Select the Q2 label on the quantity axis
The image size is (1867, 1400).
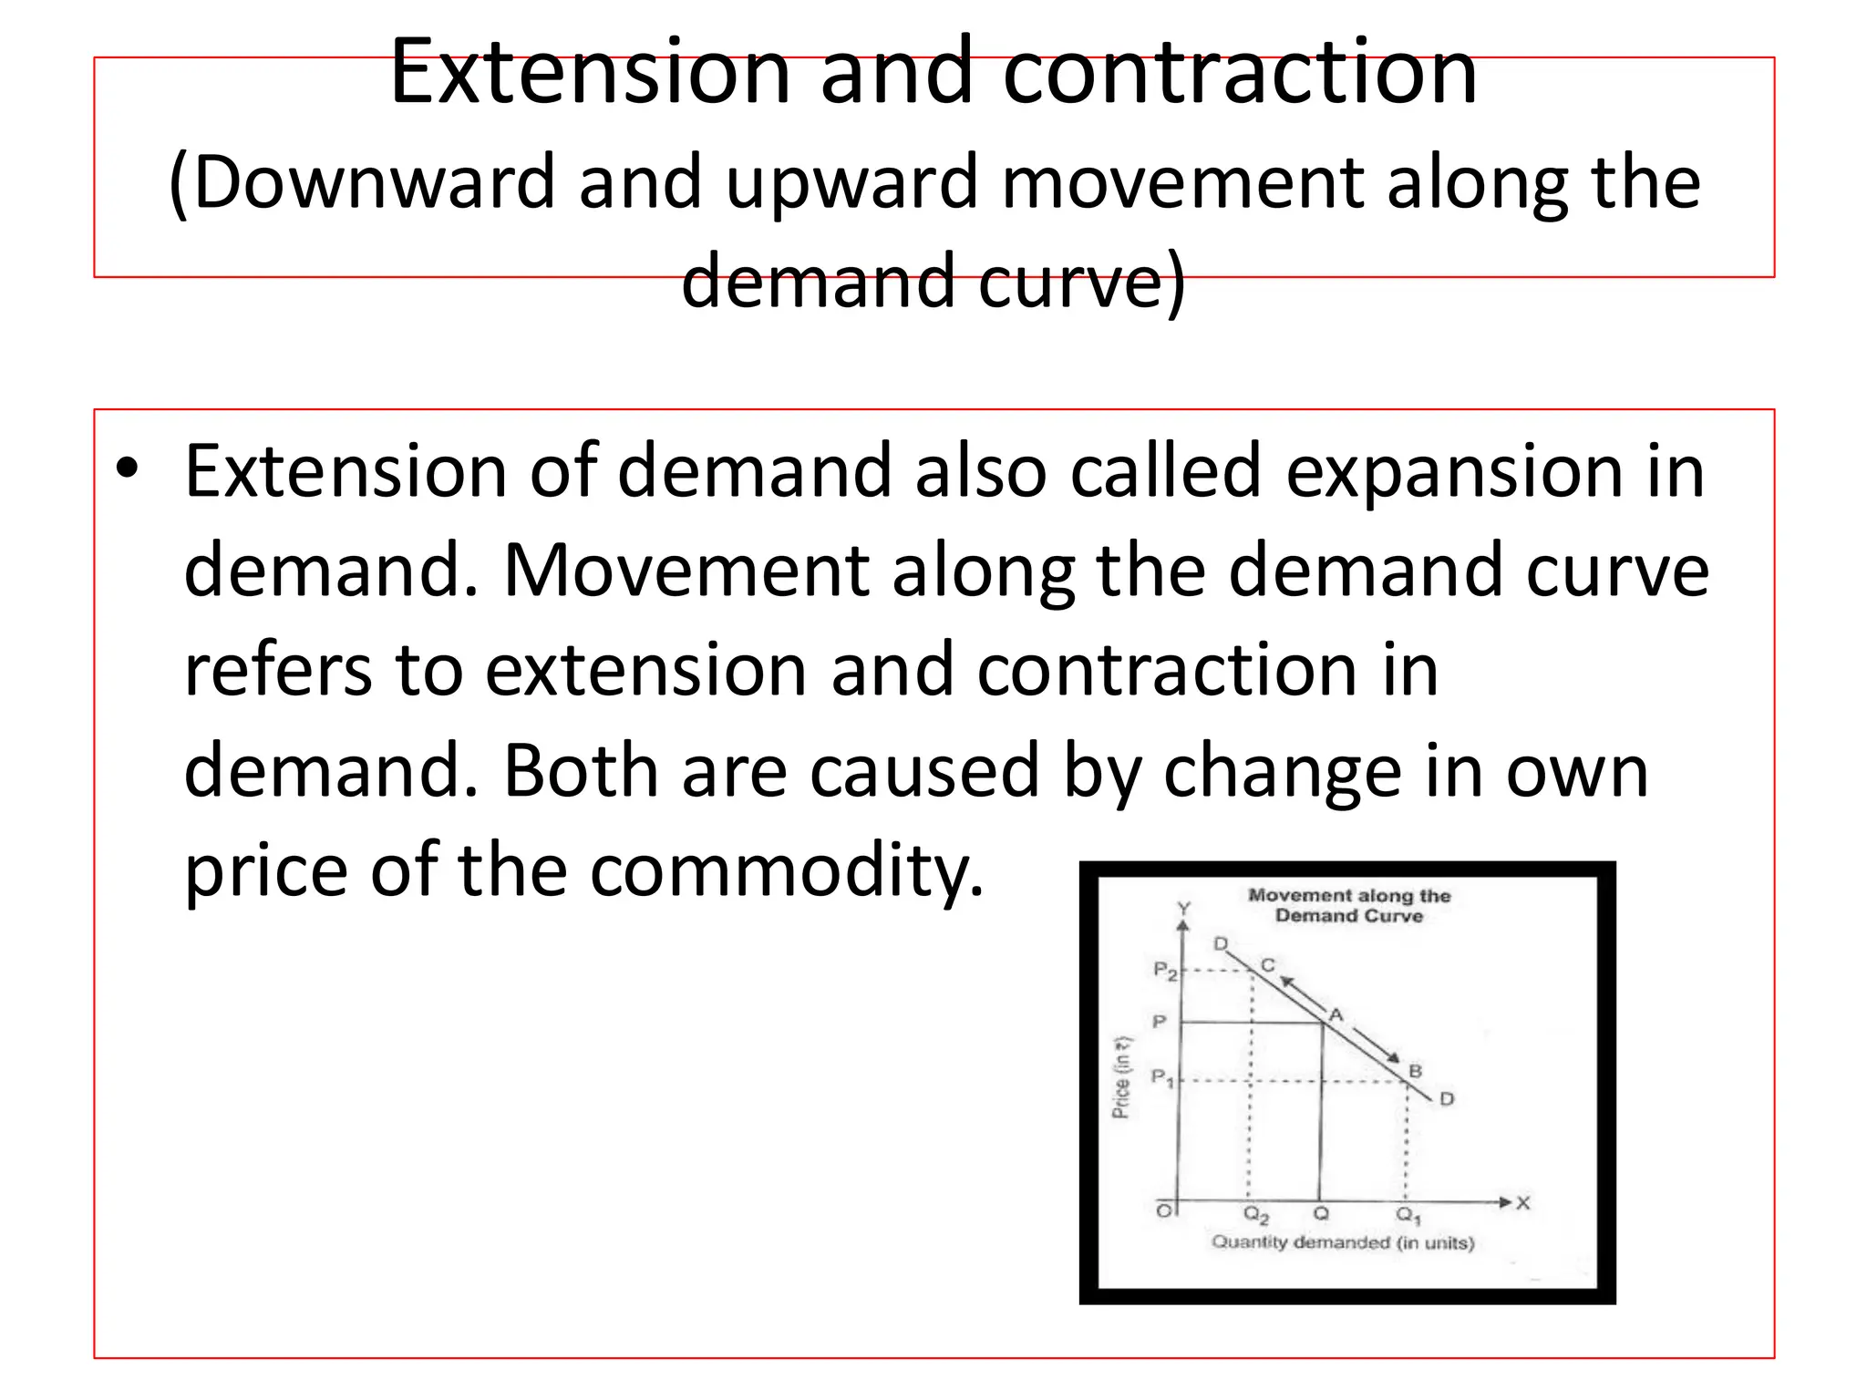(x=1256, y=1216)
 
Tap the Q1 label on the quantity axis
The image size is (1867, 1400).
(x=1408, y=1216)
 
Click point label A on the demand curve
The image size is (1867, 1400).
(x=1336, y=1014)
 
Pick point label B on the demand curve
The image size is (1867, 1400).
(x=1415, y=1071)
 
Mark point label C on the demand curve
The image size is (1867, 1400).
(x=1267, y=965)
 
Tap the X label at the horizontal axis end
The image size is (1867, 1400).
(x=1522, y=1203)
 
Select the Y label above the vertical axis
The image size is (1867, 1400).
(x=1183, y=909)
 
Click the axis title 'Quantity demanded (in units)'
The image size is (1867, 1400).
(x=1342, y=1242)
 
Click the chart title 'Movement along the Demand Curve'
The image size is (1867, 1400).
(x=1349, y=906)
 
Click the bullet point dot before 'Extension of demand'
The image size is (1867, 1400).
(x=127, y=470)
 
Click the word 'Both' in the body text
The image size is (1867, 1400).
(x=581, y=770)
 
